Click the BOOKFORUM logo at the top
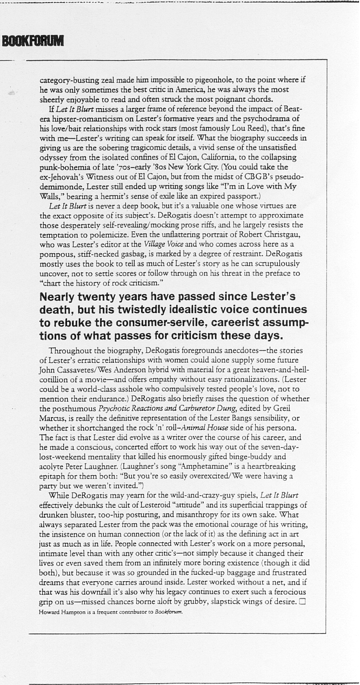[32, 41]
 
